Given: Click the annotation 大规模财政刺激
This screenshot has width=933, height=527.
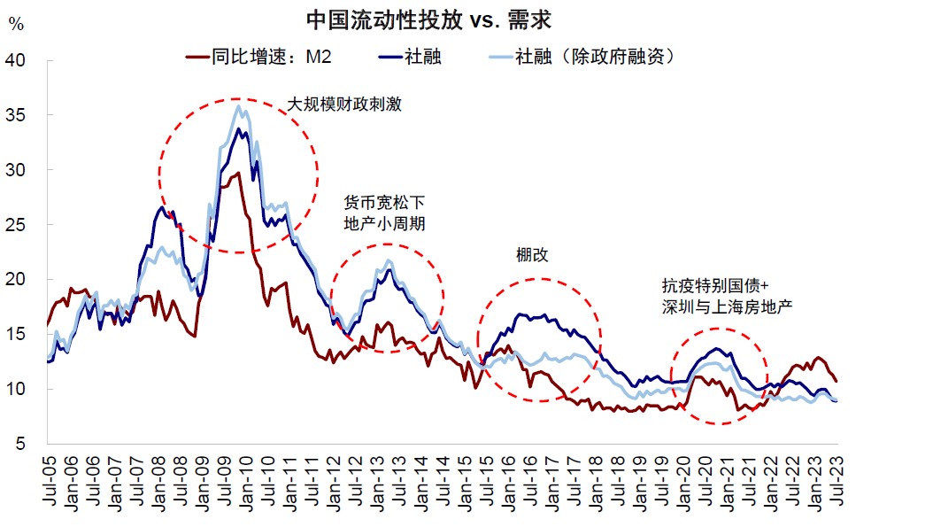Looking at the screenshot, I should point(344,105).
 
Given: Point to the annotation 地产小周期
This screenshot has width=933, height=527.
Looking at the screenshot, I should point(384,224).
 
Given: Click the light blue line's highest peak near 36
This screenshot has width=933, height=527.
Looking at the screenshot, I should point(238,106).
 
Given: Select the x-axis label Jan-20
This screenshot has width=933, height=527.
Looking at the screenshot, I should point(683,484).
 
